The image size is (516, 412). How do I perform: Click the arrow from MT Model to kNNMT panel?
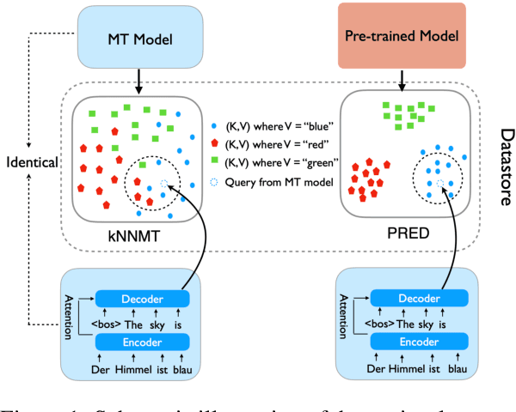point(139,81)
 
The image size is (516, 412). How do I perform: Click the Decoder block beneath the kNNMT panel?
point(139,298)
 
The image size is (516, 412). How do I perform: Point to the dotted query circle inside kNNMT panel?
point(164,183)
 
